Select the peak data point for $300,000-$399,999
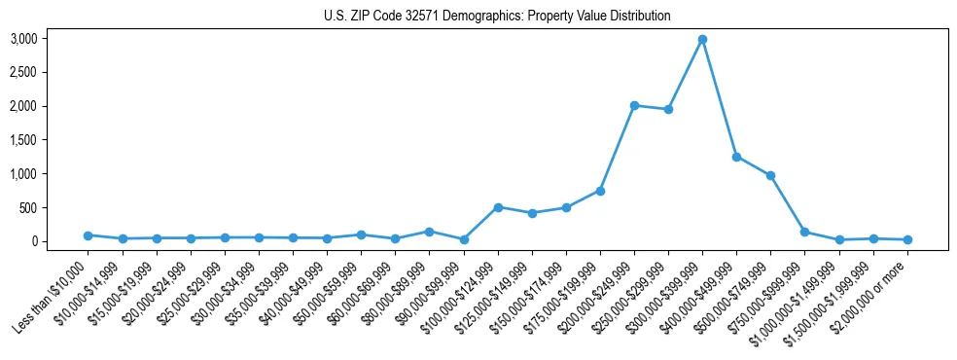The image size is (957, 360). click(x=702, y=40)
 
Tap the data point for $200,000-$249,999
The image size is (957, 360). click(x=634, y=105)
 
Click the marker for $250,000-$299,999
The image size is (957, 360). click(x=668, y=109)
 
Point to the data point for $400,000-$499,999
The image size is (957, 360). click(x=736, y=157)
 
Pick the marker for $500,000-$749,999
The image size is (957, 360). click(x=770, y=175)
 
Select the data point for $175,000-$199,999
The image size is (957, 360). click(x=600, y=191)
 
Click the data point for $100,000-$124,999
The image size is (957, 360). click(x=498, y=207)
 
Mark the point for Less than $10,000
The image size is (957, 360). click(x=88, y=235)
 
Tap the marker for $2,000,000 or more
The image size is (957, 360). click(x=907, y=239)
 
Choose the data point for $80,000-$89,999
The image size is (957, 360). click(x=429, y=232)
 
